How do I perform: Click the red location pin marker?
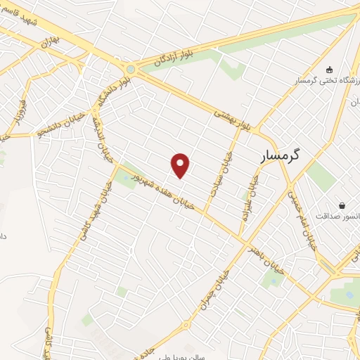click(181, 165)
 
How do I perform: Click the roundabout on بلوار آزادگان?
click(131, 69)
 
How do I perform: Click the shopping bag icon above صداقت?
click(342, 205)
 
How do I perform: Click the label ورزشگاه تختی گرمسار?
click(328, 82)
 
